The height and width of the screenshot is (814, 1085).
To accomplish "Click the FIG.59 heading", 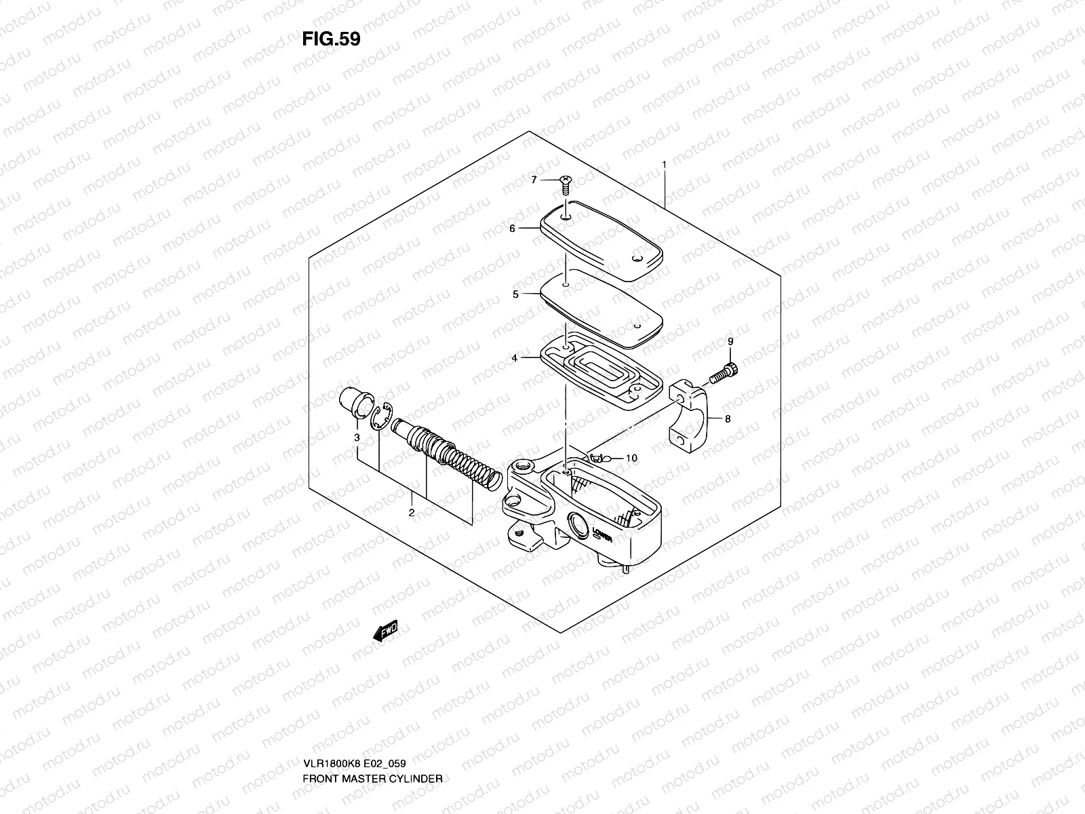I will pos(331,39).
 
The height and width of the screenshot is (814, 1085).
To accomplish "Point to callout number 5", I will pos(515,294).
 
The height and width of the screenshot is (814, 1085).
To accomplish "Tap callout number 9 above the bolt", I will pos(730,342).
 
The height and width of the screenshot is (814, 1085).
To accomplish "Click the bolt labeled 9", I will pos(724,372).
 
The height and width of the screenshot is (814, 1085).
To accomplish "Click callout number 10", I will pos(631,459).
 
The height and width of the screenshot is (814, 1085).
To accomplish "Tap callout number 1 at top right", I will pos(664,165).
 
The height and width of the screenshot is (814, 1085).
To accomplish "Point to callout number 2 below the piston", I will pos(411,513).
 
